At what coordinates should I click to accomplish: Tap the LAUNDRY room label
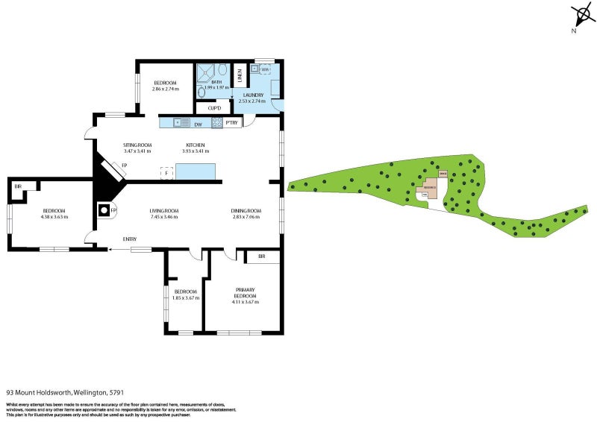pyautogui.click(x=251, y=95)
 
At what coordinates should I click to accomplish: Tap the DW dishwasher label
pyautogui.click(x=199, y=124)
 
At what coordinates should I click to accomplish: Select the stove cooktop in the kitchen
pyautogui.click(x=216, y=123)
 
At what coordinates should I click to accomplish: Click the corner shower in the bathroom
pyautogui.click(x=222, y=71)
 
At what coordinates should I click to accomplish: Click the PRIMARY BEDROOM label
pyautogui.click(x=246, y=292)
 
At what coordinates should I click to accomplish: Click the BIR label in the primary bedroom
pyautogui.click(x=262, y=257)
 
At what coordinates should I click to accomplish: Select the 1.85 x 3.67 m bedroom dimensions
pyautogui.click(x=184, y=298)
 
